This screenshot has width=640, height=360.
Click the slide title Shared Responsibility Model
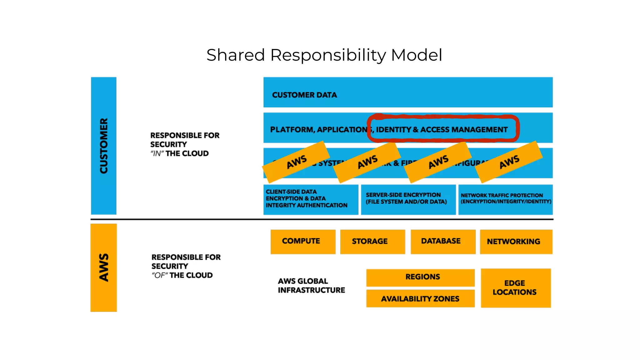pyautogui.click(x=324, y=55)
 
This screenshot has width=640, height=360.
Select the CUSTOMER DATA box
pyautogui.click(x=408, y=92)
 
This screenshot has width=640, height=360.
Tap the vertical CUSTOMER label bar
pyautogui.click(x=104, y=146)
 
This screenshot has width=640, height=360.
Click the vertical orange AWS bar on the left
pyautogui.click(x=104, y=267)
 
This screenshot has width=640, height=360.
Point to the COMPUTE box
pyautogui.click(x=303, y=242)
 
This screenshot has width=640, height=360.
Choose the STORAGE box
pyautogui.click(x=372, y=242)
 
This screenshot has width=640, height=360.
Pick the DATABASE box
pyautogui.click(x=443, y=242)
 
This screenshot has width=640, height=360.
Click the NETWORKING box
pyautogui.click(x=516, y=242)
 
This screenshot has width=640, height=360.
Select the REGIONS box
pyautogui.click(x=420, y=277)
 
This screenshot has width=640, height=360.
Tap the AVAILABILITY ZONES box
pyautogui.click(x=420, y=299)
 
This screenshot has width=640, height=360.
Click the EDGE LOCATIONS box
pyautogui.click(x=516, y=288)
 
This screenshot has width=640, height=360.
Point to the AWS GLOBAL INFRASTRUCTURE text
pyautogui.click(x=311, y=286)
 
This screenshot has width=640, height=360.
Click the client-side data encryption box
pyautogui.click(x=311, y=199)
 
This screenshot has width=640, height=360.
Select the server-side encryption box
pyautogui.click(x=408, y=199)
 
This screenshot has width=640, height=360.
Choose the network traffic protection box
pyautogui.click(x=505, y=199)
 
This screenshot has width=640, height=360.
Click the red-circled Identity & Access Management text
pyautogui.click(x=442, y=129)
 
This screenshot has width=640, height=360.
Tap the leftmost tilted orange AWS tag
pyautogui.click(x=296, y=162)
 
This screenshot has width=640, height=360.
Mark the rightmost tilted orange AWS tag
pyautogui.click(x=509, y=162)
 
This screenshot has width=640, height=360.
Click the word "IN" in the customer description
pyautogui.click(x=157, y=154)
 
